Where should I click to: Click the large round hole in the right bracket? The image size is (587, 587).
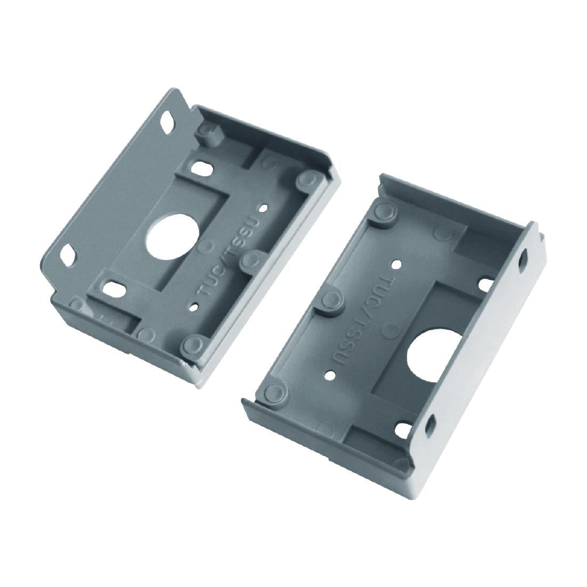click(x=431, y=353)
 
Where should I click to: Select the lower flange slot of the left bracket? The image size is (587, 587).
click(x=68, y=254)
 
